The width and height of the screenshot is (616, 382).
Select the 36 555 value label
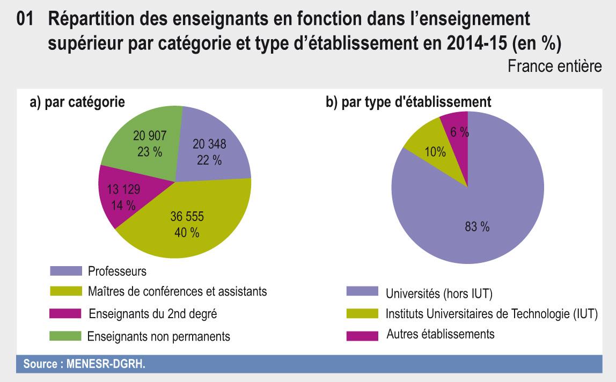pos(187,218)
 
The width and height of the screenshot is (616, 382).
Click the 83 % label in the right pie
pos(476,227)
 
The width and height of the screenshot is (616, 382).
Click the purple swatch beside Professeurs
pos(66,271)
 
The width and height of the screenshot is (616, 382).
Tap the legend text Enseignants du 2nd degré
pos(152,314)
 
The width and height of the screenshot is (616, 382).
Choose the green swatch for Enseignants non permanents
pos(66,336)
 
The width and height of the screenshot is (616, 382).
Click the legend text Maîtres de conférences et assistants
pos(178,292)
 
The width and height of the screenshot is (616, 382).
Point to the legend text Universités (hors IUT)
pos(439,293)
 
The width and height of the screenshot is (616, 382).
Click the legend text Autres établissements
pos(440,334)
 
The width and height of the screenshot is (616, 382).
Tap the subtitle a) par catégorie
pos(77,102)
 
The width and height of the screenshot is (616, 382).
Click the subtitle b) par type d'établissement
pos(408,102)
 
